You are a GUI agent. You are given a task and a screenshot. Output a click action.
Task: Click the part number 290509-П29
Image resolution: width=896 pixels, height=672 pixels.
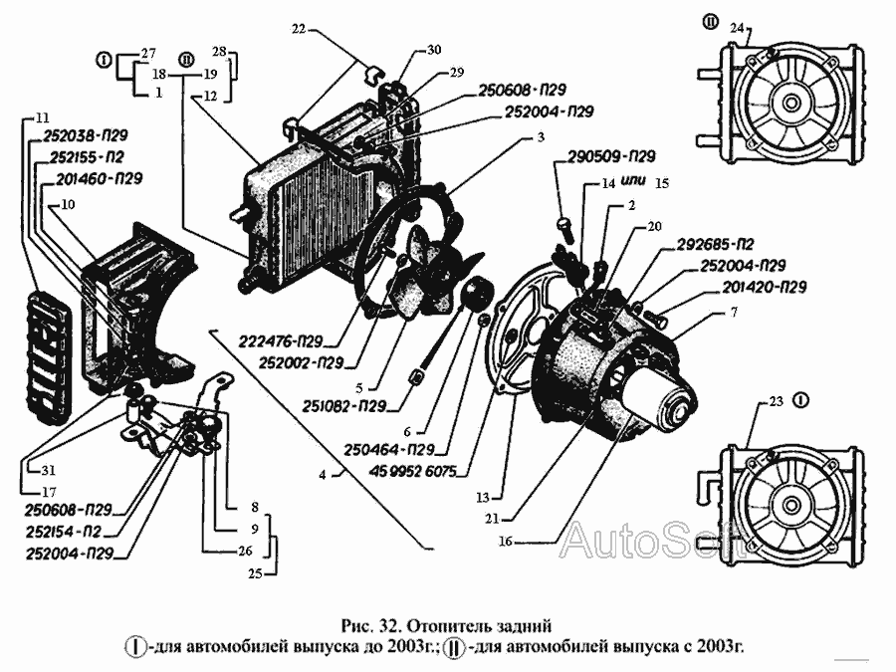tap(611, 157)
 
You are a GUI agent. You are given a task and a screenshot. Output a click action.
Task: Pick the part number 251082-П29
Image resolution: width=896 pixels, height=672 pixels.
tap(346, 406)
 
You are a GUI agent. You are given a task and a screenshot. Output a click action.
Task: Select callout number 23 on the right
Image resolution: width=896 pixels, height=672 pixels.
tap(777, 402)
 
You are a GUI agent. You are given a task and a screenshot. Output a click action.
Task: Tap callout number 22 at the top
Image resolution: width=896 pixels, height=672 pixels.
tap(299, 29)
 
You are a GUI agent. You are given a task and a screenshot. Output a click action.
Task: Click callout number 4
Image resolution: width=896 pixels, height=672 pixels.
tap(324, 476)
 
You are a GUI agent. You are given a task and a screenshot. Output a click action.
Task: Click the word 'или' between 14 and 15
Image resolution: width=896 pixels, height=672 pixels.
tap(632, 183)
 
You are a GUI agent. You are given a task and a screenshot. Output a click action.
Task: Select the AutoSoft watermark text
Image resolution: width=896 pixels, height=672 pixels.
tap(651, 542)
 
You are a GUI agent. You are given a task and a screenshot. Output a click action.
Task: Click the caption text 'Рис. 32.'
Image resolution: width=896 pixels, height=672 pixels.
tap(367, 626)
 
